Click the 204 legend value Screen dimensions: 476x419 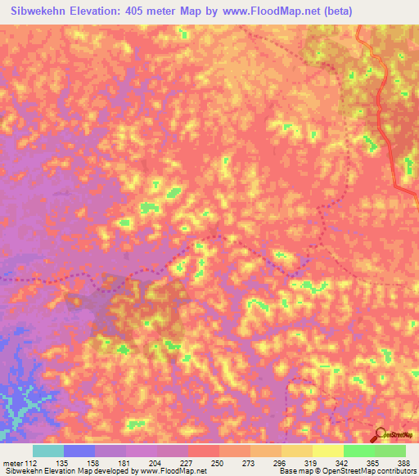tap(156, 462)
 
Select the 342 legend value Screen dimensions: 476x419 tap(343, 462)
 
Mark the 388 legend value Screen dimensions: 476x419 tap(403, 462)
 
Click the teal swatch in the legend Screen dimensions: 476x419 tap(48, 451)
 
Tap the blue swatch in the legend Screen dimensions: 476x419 tap(79, 451)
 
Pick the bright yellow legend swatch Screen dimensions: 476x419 tap(327, 451)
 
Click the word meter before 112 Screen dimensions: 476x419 tap(13, 462)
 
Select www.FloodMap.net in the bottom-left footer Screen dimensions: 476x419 tap(173, 472)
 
